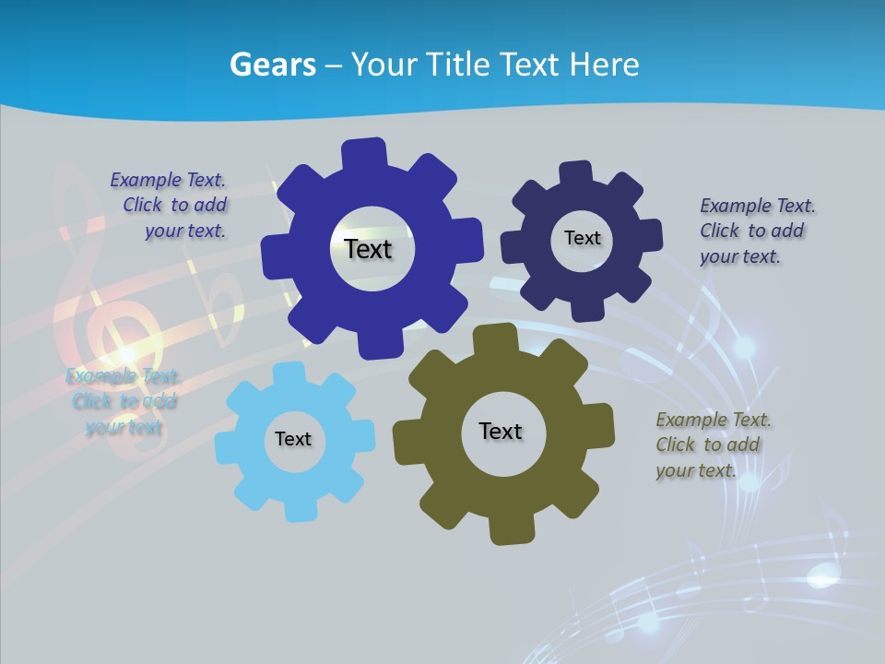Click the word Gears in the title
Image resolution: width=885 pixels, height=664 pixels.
(x=272, y=65)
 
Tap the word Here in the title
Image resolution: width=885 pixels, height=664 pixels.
(x=605, y=65)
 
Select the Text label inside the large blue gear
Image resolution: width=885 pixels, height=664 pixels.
(x=368, y=249)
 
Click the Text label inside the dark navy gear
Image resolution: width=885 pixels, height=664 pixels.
(x=582, y=238)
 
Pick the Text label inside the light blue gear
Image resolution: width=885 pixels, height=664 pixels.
(x=293, y=439)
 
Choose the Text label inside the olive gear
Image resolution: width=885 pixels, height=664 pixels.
(x=501, y=431)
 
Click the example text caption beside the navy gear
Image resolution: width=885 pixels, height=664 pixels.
(x=756, y=231)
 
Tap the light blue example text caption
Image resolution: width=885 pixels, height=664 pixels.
(x=123, y=401)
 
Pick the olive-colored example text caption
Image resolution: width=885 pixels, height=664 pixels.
(x=713, y=445)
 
